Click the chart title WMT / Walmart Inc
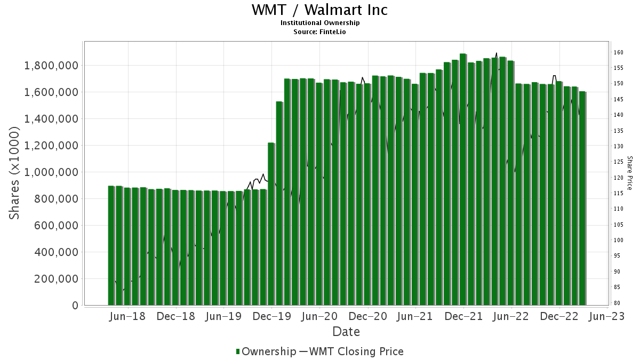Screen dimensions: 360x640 (320, 10)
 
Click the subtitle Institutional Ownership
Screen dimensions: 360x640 (320, 23)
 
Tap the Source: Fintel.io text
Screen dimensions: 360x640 (320, 31)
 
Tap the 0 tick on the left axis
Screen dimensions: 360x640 (75, 306)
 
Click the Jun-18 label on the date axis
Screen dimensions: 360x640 (127, 316)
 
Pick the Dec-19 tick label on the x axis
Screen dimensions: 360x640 (271, 316)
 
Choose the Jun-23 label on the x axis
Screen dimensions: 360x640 (607, 316)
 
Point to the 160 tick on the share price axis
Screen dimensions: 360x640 (619, 52)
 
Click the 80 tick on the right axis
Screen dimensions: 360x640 (617, 303)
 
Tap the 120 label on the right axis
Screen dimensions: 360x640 (619, 178)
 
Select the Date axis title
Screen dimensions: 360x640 (346, 332)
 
